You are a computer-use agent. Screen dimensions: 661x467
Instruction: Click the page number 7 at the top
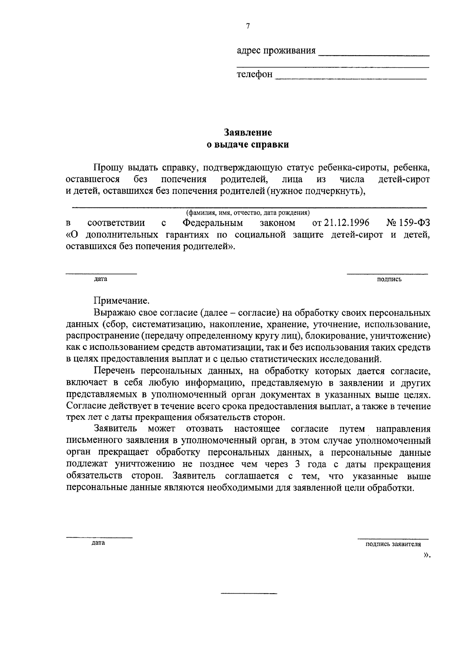tap(248, 26)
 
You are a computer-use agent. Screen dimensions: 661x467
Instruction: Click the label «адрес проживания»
tap(276, 51)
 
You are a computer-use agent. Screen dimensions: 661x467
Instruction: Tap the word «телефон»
tap(255, 74)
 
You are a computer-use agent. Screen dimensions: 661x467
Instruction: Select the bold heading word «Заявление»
tap(248, 133)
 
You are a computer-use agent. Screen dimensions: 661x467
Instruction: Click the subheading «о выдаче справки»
tap(248, 145)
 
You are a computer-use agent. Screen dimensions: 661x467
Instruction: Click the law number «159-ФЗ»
tap(415, 223)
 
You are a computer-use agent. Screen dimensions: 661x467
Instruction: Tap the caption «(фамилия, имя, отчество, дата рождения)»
tap(248, 213)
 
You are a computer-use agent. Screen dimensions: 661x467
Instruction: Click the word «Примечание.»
tap(121, 301)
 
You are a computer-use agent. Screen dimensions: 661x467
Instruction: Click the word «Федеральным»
tap(212, 223)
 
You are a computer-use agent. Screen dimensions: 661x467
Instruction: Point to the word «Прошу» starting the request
tap(109, 168)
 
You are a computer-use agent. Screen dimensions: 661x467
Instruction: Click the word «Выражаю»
tap(114, 313)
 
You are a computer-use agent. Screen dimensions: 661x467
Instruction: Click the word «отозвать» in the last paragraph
tap(205, 429)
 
